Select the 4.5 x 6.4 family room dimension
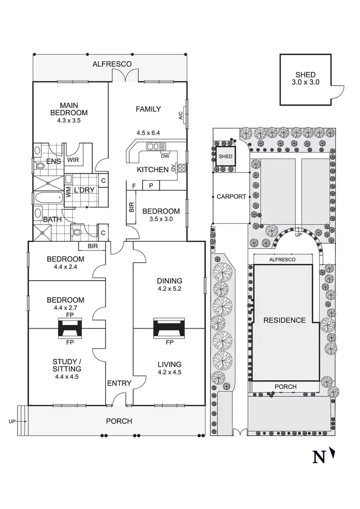point(147,133)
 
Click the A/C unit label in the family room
point(180,116)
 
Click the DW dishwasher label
point(165,155)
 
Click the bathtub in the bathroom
point(48,197)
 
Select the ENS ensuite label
point(54,162)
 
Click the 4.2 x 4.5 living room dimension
point(168,371)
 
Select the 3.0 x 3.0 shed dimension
point(305,82)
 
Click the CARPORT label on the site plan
point(231,197)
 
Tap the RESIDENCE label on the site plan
point(284,320)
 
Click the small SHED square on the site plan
point(225,156)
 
